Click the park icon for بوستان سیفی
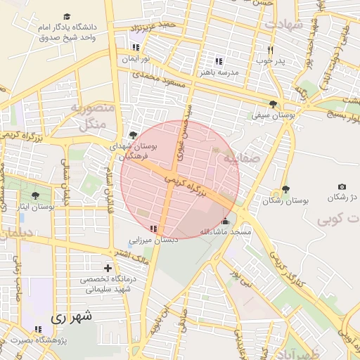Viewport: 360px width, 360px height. coord(273,103)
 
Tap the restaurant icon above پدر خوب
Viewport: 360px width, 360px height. coord(271,50)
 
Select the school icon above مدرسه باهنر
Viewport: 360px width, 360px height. coord(219,61)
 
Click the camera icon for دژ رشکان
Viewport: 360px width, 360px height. coord(342,186)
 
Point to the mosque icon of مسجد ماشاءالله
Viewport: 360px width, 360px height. coord(225,221)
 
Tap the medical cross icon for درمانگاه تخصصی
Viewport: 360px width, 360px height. coord(108,268)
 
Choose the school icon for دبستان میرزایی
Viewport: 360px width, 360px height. coord(153,228)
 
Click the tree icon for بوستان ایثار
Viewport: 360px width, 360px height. coord(35,195)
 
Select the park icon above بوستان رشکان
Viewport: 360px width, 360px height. coord(285,189)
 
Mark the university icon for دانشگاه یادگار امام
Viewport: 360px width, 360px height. coord(67,15)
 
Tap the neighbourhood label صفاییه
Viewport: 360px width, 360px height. coord(241,159)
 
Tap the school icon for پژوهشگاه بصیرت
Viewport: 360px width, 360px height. coord(37,329)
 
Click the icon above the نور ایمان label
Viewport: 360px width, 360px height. coord(135,47)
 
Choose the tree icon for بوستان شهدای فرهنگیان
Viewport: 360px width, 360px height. coord(134,135)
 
